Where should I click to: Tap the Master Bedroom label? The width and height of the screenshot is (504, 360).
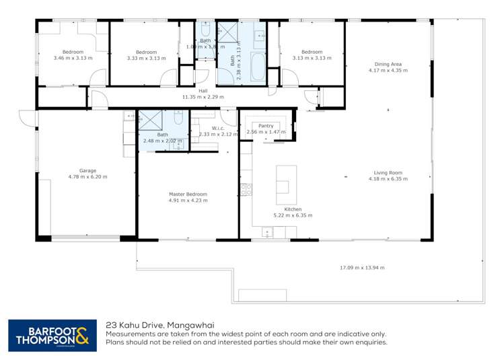(188, 194)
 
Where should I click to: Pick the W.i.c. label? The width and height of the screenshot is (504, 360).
(217, 128)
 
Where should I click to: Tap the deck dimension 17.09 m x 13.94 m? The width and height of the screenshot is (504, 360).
(361, 268)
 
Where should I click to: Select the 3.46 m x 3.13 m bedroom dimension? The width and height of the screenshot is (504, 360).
(73, 59)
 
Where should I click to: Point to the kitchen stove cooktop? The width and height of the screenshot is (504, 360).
(247, 189)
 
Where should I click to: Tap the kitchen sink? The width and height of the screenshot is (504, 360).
(268, 233)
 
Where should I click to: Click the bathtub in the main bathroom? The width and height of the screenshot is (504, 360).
(258, 70)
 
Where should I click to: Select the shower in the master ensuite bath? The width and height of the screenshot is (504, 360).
(150, 120)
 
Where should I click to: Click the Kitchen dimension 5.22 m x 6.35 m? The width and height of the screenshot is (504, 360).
(293, 215)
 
